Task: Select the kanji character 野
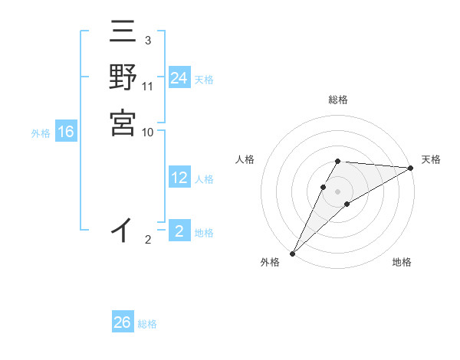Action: (x=123, y=78)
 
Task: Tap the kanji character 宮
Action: (x=123, y=123)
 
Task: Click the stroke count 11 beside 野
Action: (x=148, y=87)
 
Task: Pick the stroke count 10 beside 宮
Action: (x=148, y=132)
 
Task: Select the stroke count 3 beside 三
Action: (x=147, y=40)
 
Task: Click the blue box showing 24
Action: (x=179, y=78)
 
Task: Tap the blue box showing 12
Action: (x=179, y=178)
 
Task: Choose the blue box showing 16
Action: (x=66, y=133)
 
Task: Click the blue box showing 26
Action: (x=123, y=322)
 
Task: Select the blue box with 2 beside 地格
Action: (x=179, y=231)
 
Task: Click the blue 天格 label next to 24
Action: (x=204, y=79)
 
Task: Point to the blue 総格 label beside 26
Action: (x=147, y=324)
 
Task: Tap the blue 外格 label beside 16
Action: (x=41, y=133)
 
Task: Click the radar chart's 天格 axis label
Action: (x=431, y=159)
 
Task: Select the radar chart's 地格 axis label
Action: (x=402, y=262)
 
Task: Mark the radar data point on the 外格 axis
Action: (x=292, y=253)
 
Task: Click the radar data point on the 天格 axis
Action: (x=410, y=168)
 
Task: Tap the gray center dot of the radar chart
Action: (x=337, y=191)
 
